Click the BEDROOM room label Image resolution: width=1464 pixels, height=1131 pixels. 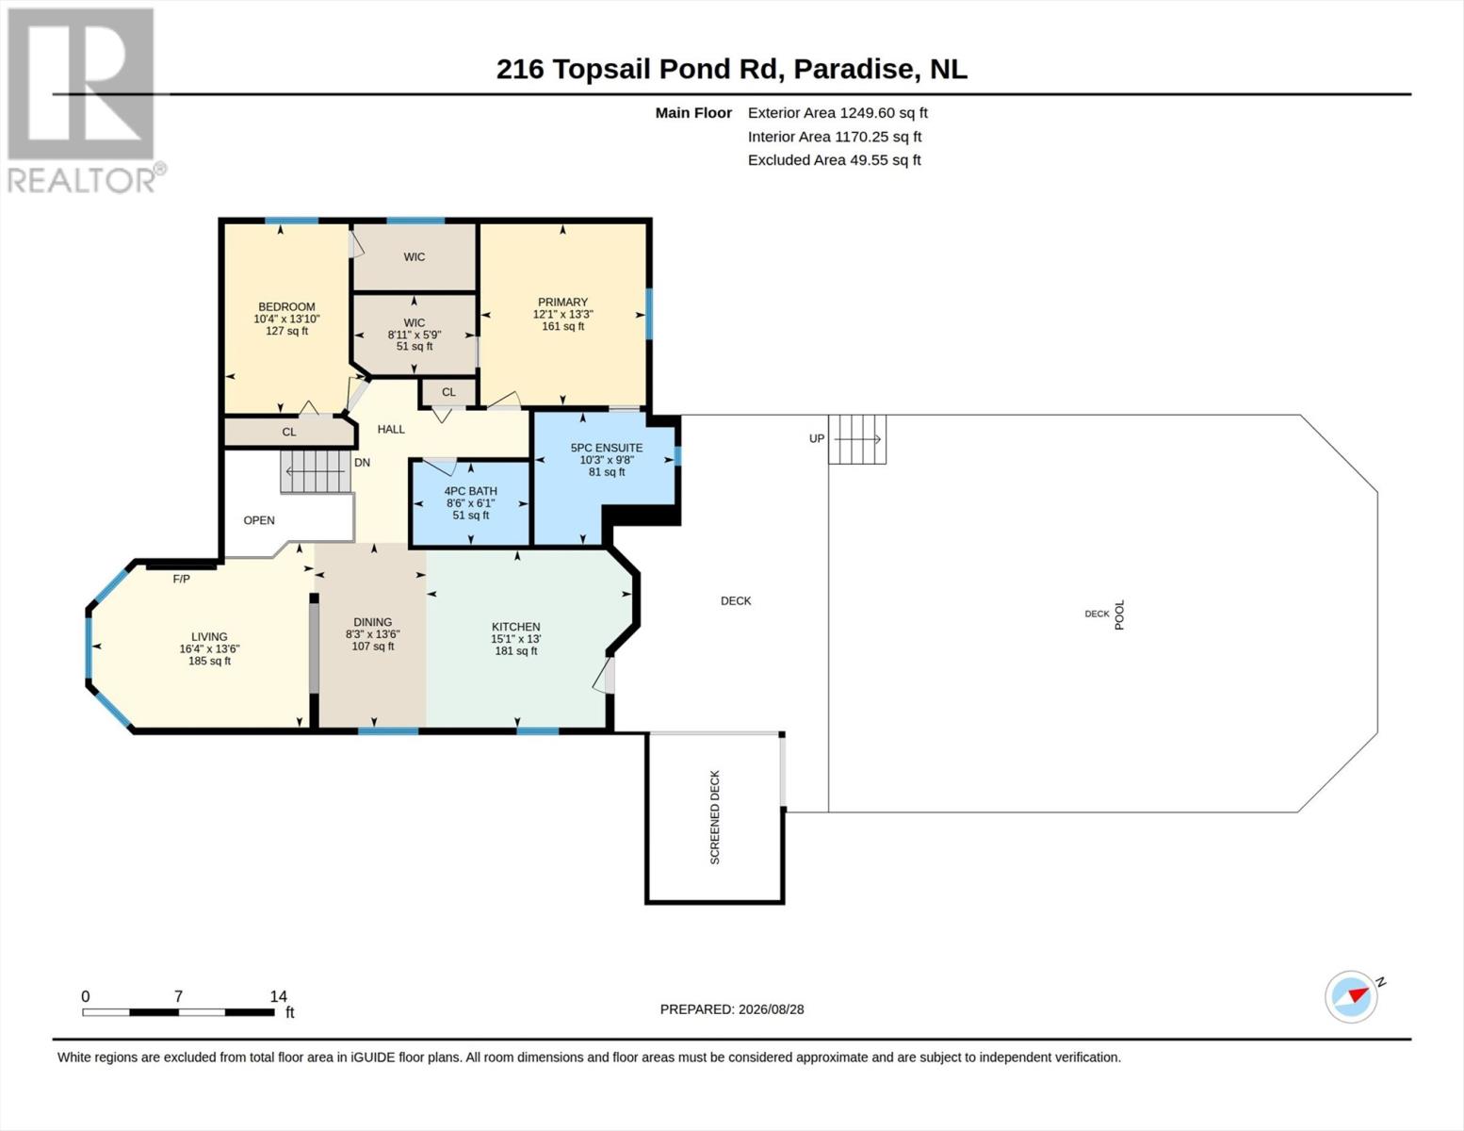(x=286, y=306)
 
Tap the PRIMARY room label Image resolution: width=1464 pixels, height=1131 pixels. (x=562, y=302)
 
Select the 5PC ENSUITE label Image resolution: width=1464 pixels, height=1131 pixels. (x=607, y=448)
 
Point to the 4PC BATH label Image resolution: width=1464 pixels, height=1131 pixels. (x=470, y=491)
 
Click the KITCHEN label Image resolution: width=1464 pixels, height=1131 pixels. (x=516, y=627)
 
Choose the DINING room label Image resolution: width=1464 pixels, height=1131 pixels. (x=372, y=622)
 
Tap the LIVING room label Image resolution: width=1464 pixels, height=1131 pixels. (x=209, y=636)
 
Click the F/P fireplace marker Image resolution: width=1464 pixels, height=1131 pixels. (x=181, y=579)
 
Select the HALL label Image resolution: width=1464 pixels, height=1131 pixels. (x=391, y=430)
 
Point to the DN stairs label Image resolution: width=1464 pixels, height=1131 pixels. (x=363, y=463)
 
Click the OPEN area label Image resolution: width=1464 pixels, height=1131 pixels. (x=259, y=520)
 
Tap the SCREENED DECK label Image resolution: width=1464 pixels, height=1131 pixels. (x=715, y=817)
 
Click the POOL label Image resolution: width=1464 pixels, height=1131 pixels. (x=1120, y=615)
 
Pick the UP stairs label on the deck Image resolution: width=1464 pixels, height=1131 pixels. (x=817, y=439)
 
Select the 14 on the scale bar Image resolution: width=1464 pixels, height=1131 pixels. (x=278, y=996)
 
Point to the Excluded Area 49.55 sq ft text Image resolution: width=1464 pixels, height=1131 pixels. (x=834, y=159)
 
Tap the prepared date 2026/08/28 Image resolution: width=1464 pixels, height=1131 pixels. (x=771, y=1009)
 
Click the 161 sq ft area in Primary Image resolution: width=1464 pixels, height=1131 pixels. (x=562, y=326)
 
